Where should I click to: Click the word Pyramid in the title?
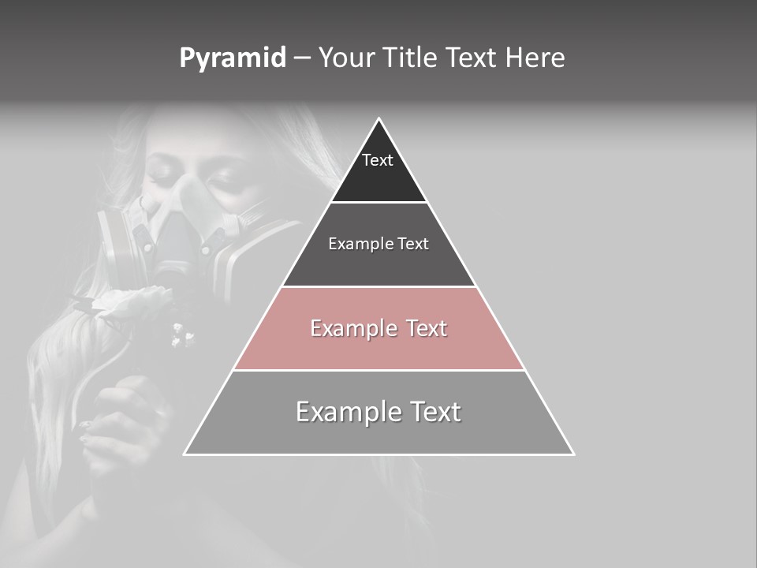(233, 58)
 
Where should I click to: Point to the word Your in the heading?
(347, 58)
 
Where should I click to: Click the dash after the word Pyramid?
(302, 59)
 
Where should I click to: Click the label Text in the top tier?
(378, 160)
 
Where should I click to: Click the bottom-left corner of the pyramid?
(185, 454)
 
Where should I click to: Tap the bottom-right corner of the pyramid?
(573, 454)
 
